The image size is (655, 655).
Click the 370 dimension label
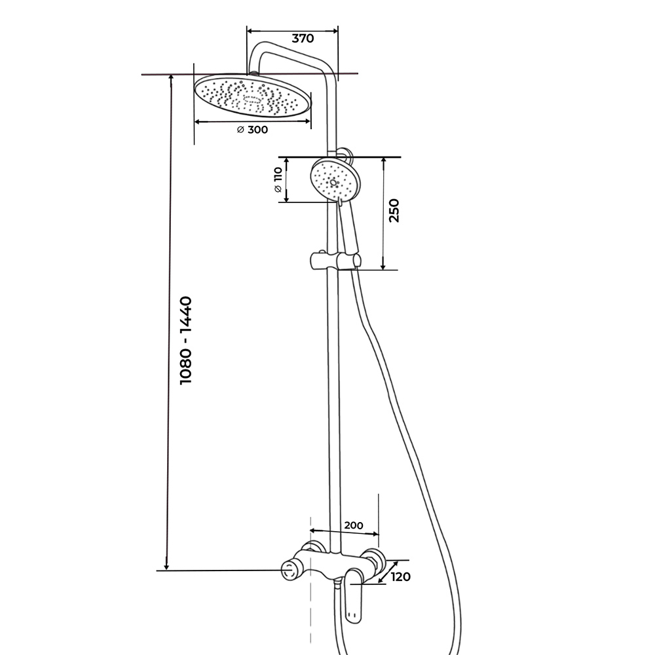303,39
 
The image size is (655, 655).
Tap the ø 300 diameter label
252,130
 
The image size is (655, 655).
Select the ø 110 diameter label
278,179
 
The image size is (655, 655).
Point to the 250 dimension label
394,210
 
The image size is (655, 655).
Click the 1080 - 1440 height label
185,341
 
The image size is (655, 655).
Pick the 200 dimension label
354,525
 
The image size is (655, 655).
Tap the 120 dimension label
401,577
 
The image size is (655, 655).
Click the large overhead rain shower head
253,95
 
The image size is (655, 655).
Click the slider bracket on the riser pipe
335,260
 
